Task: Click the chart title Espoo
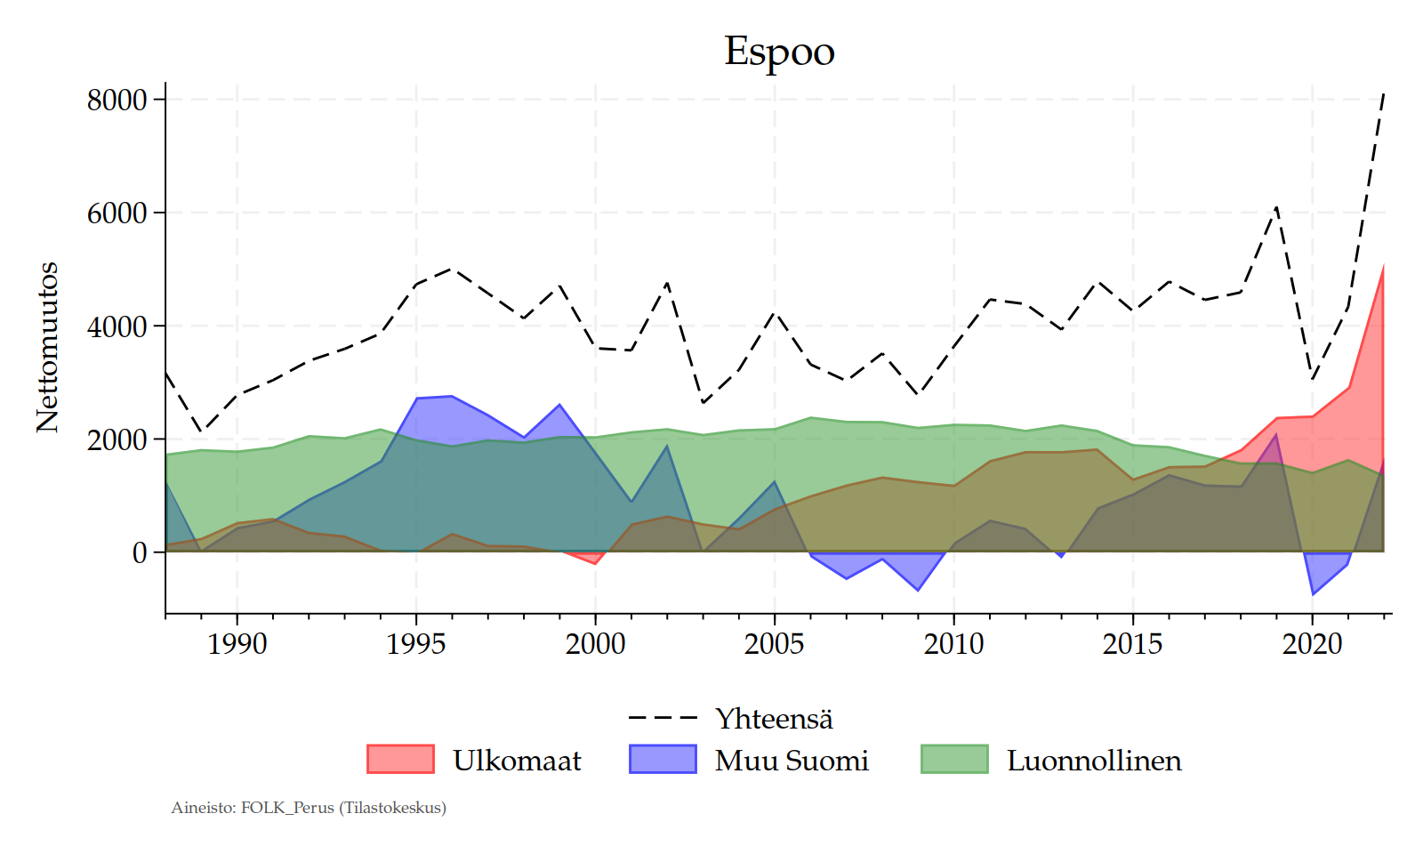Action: [x=779, y=52]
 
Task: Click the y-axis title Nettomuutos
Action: [x=47, y=348]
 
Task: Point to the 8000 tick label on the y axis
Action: [x=117, y=100]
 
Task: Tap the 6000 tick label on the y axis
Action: [x=117, y=213]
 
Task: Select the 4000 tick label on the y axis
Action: [x=117, y=326]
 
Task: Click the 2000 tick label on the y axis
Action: [x=117, y=439]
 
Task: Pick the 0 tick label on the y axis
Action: [x=140, y=552]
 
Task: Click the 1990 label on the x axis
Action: [x=237, y=643]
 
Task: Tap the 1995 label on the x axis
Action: [x=415, y=643]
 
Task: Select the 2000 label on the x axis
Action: [x=595, y=643]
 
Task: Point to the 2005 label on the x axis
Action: [x=774, y=643]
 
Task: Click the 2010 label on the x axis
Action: [x=953, y=643]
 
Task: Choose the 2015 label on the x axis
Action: [x=1132, y=643]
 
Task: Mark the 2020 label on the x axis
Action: [x=1312, y=643]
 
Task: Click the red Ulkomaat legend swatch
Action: [x=400, y=759]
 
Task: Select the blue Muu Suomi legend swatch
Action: [x=663, y=759]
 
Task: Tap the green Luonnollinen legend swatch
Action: [x=954, y=759]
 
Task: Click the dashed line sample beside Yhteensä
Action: [x=663, y=718]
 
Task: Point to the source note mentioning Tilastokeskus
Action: [x=309, y=808]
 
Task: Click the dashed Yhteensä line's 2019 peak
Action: [x=1276, y=207]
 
